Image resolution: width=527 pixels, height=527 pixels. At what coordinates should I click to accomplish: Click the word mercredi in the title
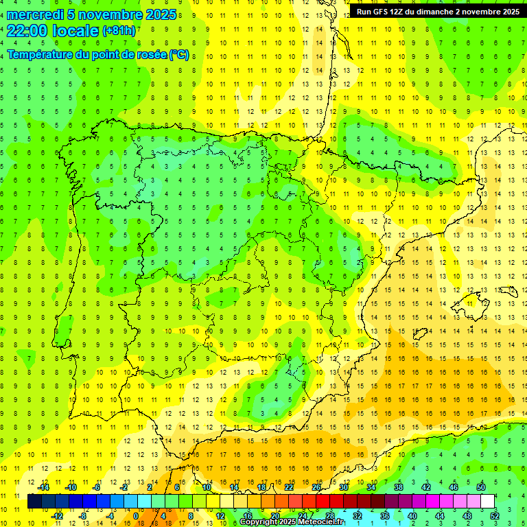(34, 14)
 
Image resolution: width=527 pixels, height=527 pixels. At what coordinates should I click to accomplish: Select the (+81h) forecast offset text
(119, 31)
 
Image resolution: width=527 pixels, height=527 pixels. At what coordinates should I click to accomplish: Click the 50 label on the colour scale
(481, 487)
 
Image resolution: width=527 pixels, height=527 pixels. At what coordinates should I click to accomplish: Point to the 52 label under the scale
(495, 515)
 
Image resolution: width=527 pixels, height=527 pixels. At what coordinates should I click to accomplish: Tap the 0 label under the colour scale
(136, 515)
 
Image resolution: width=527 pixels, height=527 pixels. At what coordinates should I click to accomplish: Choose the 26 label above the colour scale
(316, 487)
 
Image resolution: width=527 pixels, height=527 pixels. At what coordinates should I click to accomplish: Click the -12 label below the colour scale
(57, 515)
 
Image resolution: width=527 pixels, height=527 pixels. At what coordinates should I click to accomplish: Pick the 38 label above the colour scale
(399, 487)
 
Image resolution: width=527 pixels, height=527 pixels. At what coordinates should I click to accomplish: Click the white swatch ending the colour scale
(488, 502)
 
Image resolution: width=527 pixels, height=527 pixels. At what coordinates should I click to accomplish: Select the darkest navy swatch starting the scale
(34, 502)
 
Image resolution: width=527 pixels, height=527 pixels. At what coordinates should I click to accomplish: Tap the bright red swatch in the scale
(323, 502)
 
